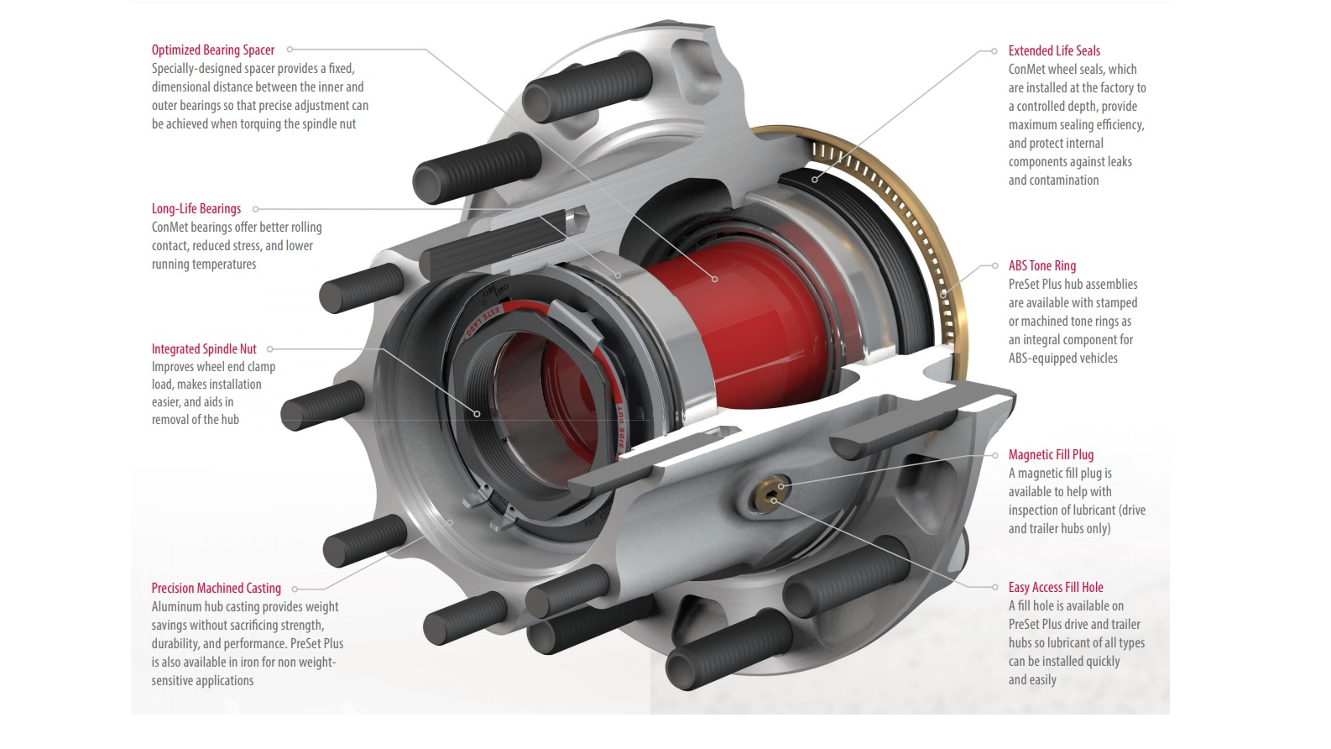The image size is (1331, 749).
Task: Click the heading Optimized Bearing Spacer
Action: [x=212, y=50]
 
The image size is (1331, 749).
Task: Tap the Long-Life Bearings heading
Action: [x=196, y=209]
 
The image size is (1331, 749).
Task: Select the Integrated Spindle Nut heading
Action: [x=204, y=349]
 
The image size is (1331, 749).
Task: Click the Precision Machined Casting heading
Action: [x=216, y=589]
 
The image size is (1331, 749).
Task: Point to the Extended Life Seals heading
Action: [x=1054, y=51]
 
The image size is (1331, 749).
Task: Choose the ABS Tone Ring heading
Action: [x=1041, y=266]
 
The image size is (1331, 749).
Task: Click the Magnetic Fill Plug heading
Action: [x=1051, y=455]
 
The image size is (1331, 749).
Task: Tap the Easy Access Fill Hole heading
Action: [x=1056, y=588]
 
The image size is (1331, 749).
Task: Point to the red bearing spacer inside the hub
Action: [x=722, y=319]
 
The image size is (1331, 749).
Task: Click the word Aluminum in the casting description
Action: [x=177, y=607]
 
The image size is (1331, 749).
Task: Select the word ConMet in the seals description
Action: [x=1026, y=70]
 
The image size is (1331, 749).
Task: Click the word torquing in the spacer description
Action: [x=260, y=124]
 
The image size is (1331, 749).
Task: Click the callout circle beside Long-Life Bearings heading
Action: [x=256, y=209]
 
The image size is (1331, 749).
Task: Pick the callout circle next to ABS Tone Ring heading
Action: [x=995, y=266]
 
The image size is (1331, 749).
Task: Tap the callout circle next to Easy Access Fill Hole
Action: [x=995, y=588]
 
